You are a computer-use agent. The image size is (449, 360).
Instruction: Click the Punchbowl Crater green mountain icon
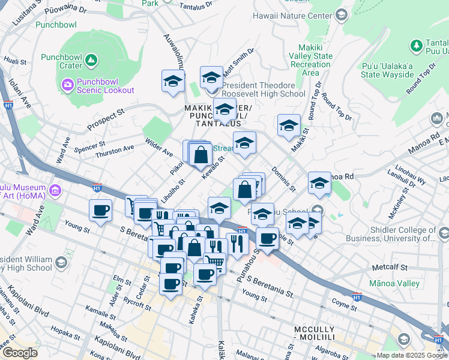click(91, 59)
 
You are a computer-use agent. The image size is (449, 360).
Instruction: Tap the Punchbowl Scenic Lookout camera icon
click(66, 85)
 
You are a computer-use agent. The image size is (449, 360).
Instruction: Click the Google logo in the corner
click(20, 352)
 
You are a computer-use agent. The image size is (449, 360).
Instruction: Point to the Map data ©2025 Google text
click(411, 355)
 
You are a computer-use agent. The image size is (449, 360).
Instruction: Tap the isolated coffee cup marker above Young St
click(100, 211)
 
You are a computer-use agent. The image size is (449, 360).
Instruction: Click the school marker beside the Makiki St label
click(289, 127)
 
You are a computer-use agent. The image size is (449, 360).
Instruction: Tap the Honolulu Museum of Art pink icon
click(56, 191)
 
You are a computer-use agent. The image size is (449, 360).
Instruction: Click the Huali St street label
click(16, 61)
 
